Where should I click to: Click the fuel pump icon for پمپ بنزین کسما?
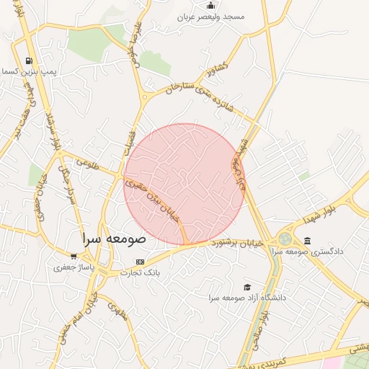pyautogui.click(x=28, y=61)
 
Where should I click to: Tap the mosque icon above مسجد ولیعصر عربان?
pyautogui.click(x=210, y=5)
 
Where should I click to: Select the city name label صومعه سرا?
pyautogui.click(x=114, y=238)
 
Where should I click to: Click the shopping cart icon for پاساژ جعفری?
pyautogui.click(x=73, y=256)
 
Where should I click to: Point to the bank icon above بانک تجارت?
pyautogui.click(x=140, y=262)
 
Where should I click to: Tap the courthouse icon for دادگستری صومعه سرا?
pyautogui.click(x=308, y=241)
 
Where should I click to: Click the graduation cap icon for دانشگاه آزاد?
pyautogui.click(x=247, y=287)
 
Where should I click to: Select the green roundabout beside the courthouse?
pyautogui.click(x=285, y=239)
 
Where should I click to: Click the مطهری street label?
pyautogui.click(x=117, y=311)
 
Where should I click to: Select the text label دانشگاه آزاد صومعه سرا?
pyautogui.click(x=247, y=297)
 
